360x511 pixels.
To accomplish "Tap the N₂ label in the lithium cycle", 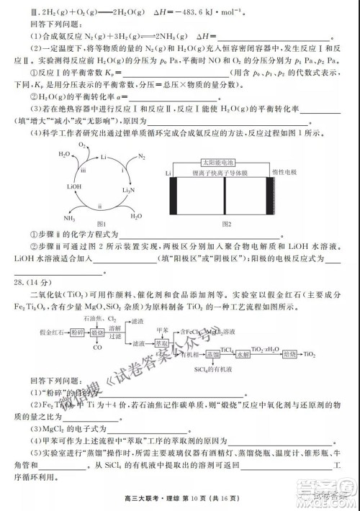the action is point(140,156).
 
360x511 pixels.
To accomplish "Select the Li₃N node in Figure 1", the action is point(128,190).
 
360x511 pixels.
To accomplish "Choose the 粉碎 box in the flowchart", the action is point(77,334).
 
